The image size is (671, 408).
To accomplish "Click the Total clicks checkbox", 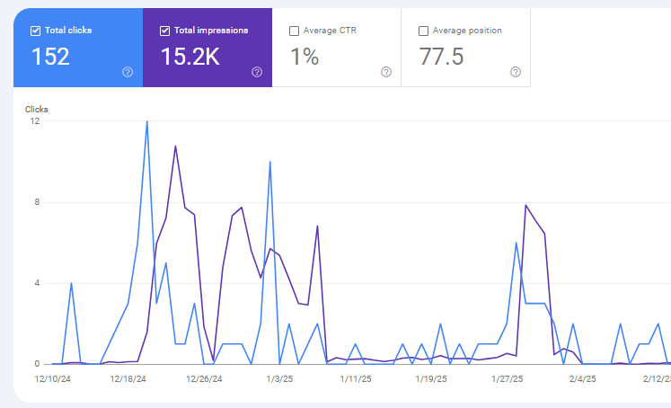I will coord(35,31).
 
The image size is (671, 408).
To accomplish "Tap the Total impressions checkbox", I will coord(164,31).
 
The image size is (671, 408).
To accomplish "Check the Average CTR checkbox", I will coord(295,31).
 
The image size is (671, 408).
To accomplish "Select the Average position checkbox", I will coord(424,31).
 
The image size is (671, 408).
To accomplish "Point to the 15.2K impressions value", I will coord(190,57).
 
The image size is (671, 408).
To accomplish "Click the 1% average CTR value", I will coord(305,57).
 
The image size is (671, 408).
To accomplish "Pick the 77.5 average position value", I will coord(442,57).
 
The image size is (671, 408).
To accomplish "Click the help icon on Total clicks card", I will coord(128,72).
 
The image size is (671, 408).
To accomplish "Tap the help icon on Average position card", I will coord(516,72).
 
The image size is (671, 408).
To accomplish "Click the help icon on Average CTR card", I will coord(386,72).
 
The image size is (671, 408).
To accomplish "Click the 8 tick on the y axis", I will coord(36,202).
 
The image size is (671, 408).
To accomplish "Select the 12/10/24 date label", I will coord(53,379).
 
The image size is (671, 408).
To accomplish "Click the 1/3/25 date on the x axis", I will coord(280,379).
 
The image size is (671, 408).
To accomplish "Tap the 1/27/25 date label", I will coord(508,379).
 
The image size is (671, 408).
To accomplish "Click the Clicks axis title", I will coord(37,110).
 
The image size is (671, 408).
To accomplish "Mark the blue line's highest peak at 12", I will coord(146,121).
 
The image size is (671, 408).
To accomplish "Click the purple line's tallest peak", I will coord(175,146).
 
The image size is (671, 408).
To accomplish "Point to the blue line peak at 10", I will coord(269,162).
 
